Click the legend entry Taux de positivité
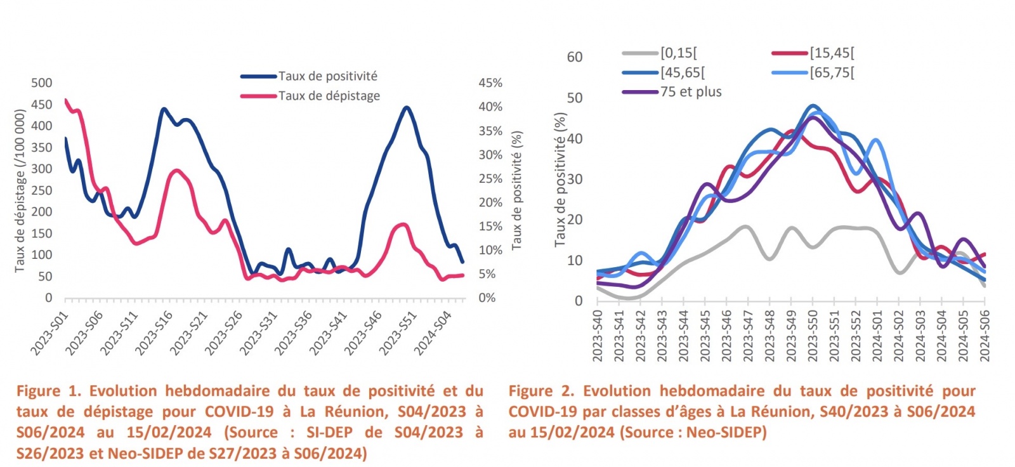pyautogui.click(x=327, y=76)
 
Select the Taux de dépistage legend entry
pyautogui.click(x=329, y=96)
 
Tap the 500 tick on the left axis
pyautogui.click(x=42, y=83)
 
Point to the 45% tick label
pyautogui.click(x=490, y=83)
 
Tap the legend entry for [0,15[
pyautogui.click(x=678, y=53)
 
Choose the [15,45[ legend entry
pyautogui.click(x=832, y=53)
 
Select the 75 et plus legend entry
pyautogui.click(x=690, y=92)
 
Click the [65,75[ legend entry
pyautogui.click(x=832, y=73)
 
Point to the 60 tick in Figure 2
pyautogui.click(x=574, y=57)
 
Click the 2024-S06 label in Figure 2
pyautogui.click(x=985, y=336)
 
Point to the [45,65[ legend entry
pyautogui.click(x=682, y=73)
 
